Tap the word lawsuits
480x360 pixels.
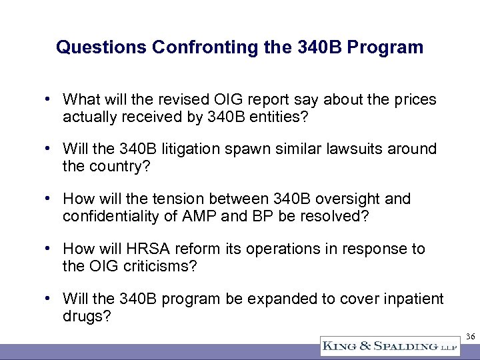click(x=357, y=149)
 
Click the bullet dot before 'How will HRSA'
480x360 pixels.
click(x=50, y=249)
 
